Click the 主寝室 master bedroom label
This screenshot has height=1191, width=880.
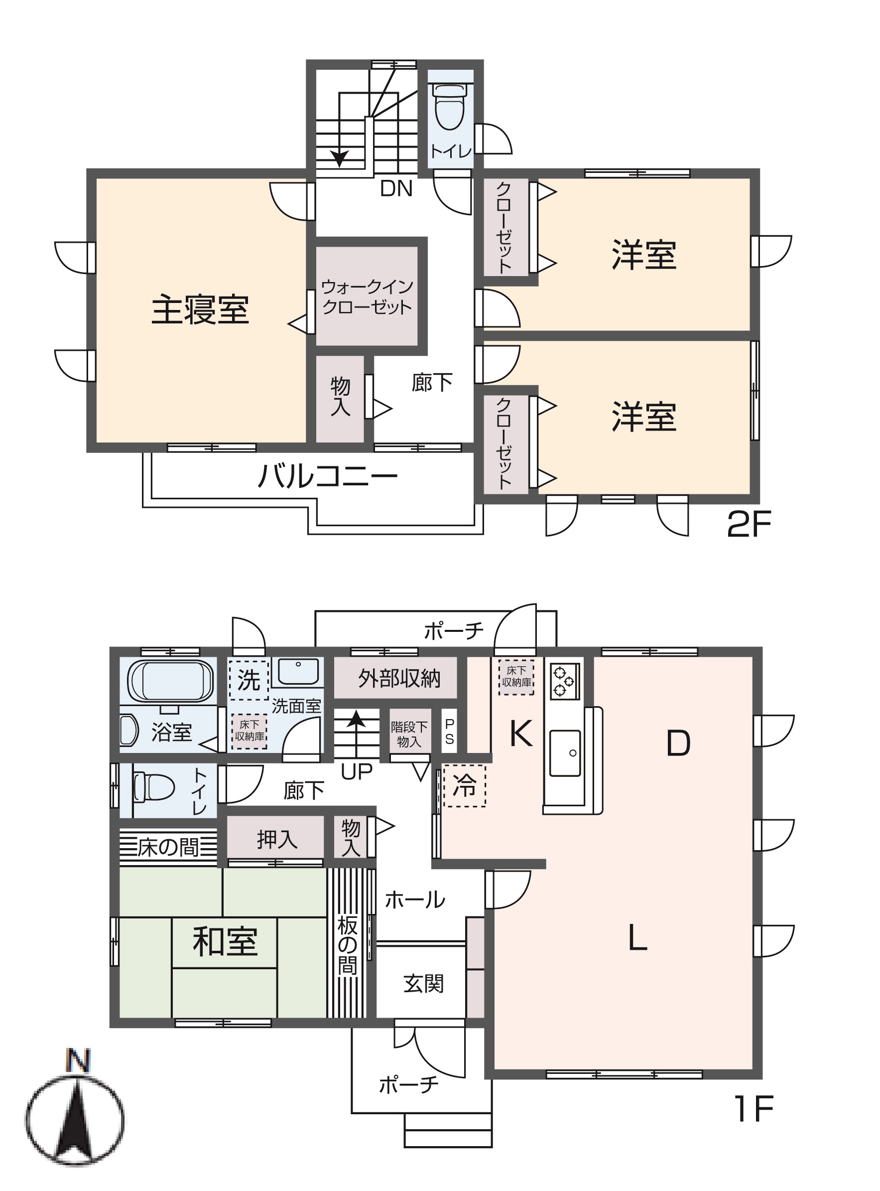tap(200, 310)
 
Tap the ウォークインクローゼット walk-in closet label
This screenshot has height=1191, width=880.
tap(367, 297)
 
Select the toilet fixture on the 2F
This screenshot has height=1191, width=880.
tap(450, 107)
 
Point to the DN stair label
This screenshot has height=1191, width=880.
tap(396, 189)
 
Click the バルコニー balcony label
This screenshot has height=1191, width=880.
tap(328, 476)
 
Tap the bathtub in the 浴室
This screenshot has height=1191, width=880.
tap(170, 681)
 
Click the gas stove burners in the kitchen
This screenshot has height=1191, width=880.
tap(563, 680)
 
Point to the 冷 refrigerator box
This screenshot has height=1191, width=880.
tap(464, 785)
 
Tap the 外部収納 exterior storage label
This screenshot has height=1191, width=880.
tap(399, 678)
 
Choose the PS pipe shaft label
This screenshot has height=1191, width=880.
tap(450, 732)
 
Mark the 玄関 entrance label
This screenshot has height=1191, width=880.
tap(423, 983)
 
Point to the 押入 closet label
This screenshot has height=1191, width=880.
tap(276, 839)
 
